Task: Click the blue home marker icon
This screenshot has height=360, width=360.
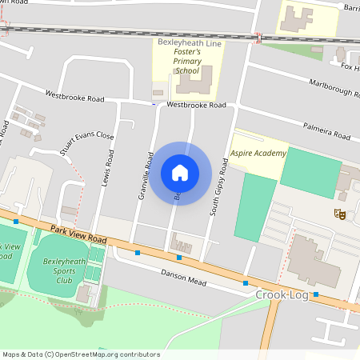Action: pos(180,173)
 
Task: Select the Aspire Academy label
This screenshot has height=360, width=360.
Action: pos(258,152)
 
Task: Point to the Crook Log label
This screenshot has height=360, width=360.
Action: pos(281,295)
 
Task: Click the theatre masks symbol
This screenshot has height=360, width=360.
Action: pos(339,214)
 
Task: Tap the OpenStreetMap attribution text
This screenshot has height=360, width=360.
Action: pos(81,354)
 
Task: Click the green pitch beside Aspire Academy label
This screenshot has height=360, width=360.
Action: pos(309,172)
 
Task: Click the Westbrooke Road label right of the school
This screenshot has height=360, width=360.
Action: pos(197,105)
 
